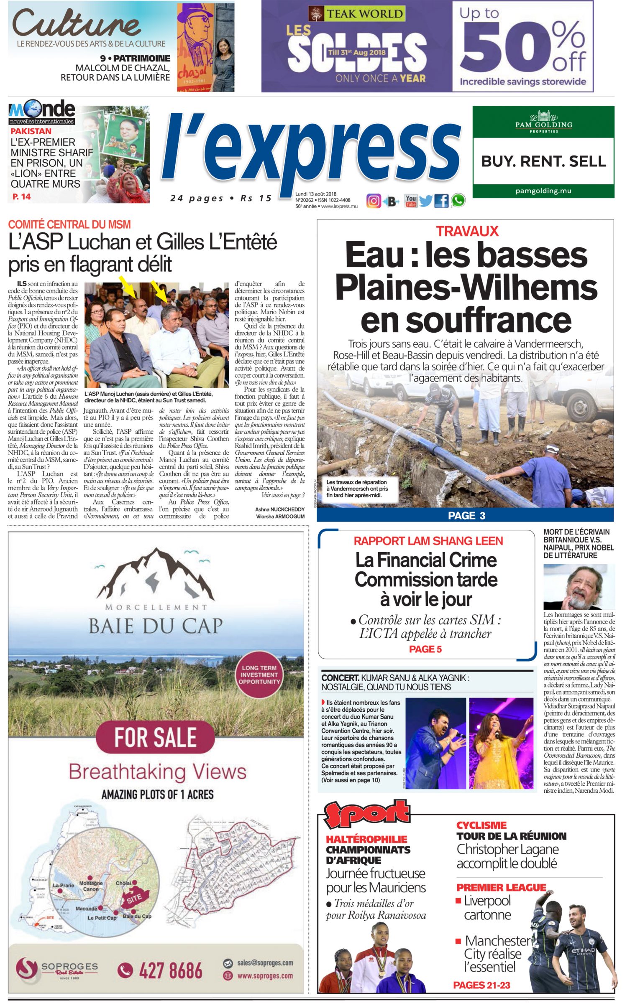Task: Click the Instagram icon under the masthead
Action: [374, 201]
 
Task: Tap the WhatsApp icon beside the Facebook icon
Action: [458, 201]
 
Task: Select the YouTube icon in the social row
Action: [410, 201]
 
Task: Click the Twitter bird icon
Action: [425, 201]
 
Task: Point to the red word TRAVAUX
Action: [467, 231]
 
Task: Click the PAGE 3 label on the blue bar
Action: [466, 515]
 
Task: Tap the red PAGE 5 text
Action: [425, 649]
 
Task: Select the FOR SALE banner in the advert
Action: [155, 738]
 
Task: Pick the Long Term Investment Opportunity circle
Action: [259, 675]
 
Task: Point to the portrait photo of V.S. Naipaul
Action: [579, 586]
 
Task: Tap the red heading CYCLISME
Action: [481, 825]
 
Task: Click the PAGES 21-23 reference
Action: [481, 985]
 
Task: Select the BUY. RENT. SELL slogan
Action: [543, 161]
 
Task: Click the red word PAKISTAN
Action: [31, 131]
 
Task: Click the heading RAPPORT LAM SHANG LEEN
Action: [428, 541]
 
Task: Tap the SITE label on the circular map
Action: [134, 898]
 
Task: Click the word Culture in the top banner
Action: [77, 23]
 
